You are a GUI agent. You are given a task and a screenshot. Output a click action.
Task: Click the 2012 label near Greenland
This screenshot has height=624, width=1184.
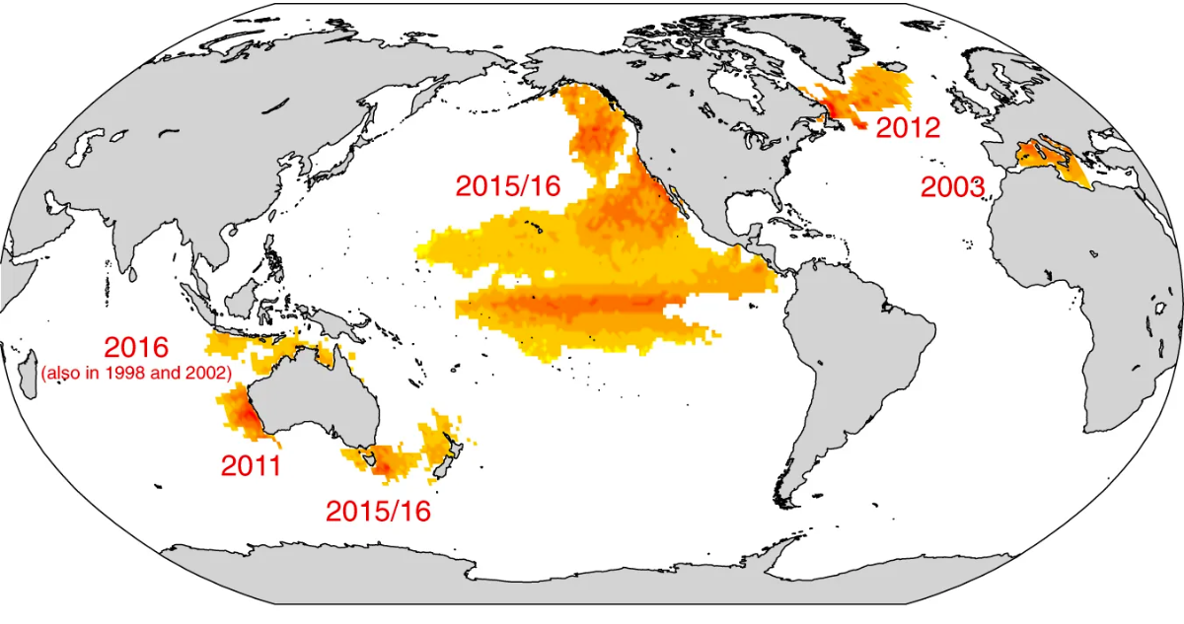908,127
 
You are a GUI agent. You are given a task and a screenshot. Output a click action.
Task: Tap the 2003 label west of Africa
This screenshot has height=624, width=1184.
952,187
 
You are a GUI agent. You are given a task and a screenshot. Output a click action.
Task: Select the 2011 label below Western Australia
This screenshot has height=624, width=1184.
251,466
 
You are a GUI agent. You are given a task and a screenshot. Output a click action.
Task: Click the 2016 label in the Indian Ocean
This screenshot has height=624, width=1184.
136,348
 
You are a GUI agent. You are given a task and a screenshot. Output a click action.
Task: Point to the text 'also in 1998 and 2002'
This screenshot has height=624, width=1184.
136,373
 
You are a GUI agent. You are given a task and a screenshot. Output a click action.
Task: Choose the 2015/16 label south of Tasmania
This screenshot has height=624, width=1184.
378,511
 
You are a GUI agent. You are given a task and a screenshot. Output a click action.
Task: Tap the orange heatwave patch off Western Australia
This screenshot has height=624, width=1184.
240,412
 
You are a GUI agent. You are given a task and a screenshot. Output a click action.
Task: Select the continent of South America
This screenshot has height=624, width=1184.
858,345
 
